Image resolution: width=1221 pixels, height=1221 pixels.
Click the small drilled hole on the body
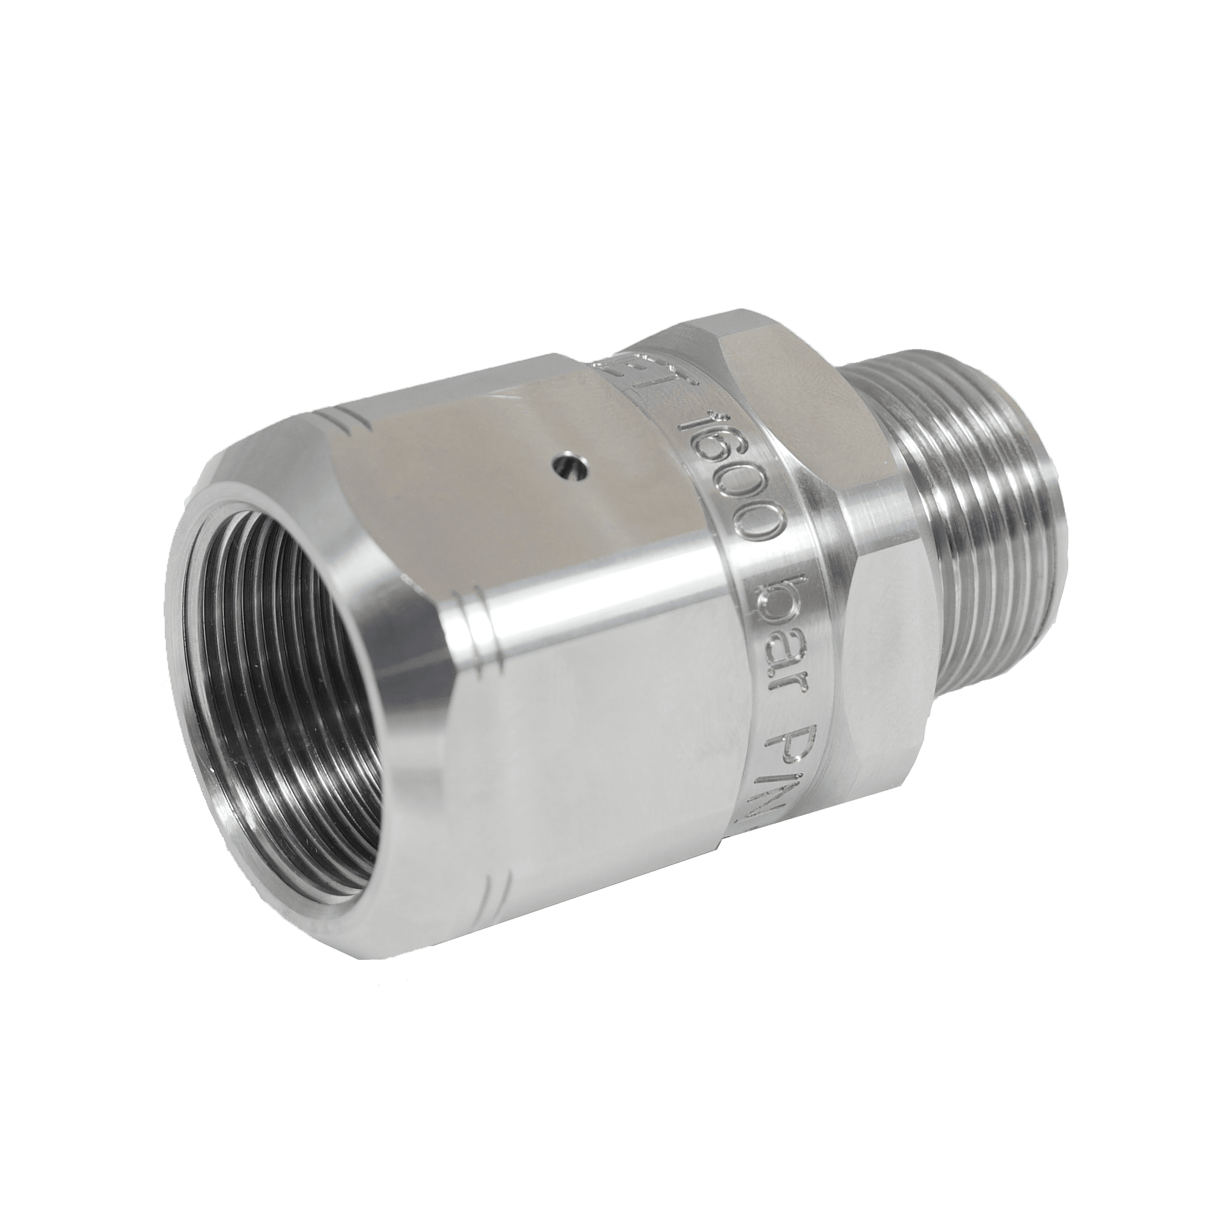pyautogui.click(x=564, y=466)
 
